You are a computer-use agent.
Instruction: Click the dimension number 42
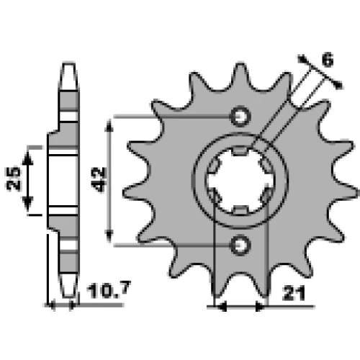coord(99,179)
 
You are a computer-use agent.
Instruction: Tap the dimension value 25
coord(14,179)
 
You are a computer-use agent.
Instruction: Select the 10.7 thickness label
coord(109,289)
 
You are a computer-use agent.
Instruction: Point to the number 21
coord(294,293)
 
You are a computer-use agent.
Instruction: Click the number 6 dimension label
coord(327,59)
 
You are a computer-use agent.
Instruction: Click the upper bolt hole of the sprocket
coord(240,117)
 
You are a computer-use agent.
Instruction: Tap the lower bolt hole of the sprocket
coord(240,246)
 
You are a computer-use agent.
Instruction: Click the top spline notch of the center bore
coord(240,151)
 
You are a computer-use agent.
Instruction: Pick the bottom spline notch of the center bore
coord(240,210)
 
